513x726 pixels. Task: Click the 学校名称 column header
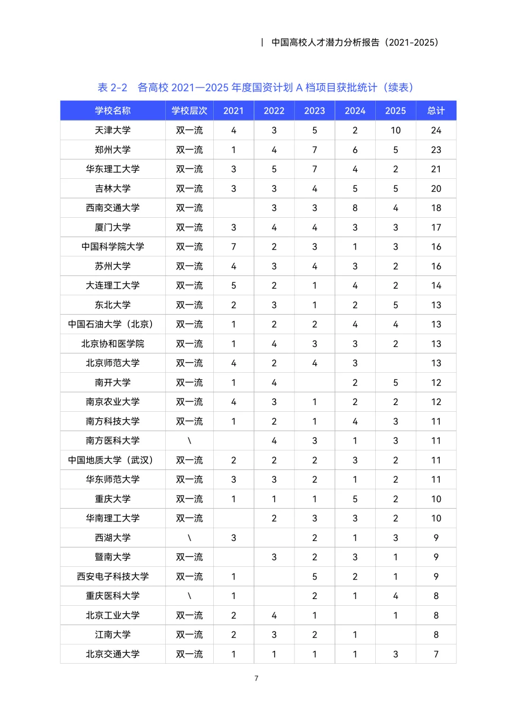113,111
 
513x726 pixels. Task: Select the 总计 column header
436,111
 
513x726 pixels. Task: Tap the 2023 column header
314,111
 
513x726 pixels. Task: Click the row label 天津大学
113,130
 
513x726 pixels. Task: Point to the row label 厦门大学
113,227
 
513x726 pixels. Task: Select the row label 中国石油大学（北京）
113,324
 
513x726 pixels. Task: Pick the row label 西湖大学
113,538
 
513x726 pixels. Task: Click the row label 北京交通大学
113,654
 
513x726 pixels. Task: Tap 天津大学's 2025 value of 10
396,130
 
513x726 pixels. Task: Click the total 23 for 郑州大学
436,150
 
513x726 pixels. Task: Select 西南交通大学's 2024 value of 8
355,208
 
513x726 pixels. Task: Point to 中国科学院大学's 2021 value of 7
234,247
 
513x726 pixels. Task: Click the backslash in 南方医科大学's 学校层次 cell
190,441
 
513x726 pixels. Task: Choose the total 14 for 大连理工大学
436,286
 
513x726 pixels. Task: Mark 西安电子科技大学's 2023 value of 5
314,577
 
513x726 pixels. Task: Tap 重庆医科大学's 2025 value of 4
396,596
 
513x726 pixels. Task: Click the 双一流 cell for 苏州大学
190,266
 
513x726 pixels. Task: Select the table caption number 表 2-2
113,87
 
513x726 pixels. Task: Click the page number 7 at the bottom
256,678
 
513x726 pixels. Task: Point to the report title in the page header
355,42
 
